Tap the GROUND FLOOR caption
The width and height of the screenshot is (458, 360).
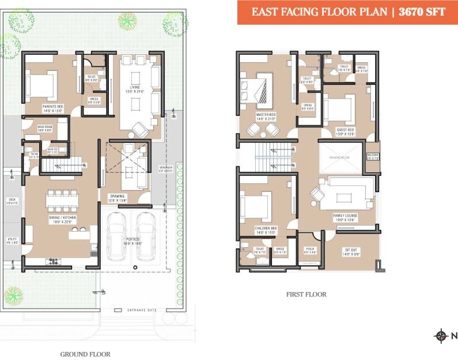85,354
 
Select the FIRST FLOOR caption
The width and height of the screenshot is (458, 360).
306,294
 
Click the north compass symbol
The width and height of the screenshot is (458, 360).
441,336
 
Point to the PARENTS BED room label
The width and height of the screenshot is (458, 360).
52,107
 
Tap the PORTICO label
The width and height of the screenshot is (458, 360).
133,240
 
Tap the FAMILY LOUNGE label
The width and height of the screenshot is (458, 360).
345,215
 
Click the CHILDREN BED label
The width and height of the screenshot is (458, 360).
266,228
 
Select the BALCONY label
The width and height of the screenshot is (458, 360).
372,155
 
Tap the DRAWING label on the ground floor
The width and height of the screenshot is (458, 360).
118,197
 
